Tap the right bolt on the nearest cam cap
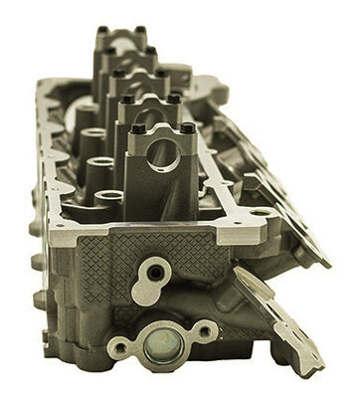[187, 128]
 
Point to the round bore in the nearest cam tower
[163, 155]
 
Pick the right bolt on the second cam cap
[174, 98]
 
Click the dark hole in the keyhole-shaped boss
[153, 270]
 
